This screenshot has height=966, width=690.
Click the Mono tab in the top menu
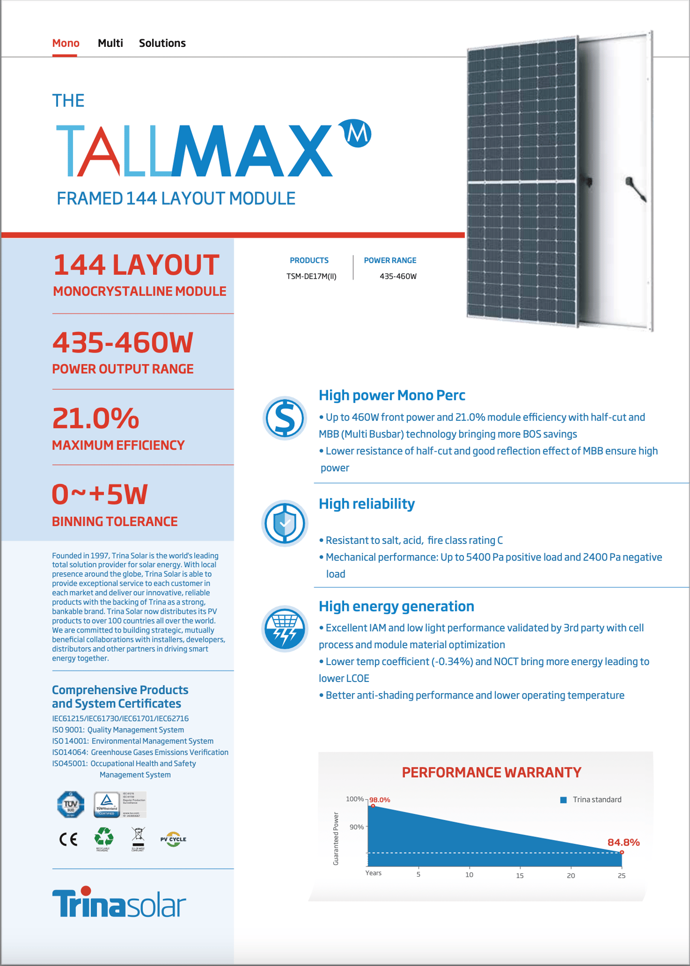click(66, 43)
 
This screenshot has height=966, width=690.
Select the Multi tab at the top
click(110, 43)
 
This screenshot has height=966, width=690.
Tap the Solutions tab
click(162, 43)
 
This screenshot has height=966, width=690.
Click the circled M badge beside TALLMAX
click(357, 133)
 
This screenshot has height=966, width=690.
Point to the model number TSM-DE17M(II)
click(311, 276)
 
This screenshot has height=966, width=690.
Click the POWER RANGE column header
click(390, 260)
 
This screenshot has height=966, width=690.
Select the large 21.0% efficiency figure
click(96, 418)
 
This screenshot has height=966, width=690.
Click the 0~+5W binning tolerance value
click(100, 495)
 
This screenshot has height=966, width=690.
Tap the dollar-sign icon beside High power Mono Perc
click(285, 418)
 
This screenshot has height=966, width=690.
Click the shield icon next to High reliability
click(285, 523)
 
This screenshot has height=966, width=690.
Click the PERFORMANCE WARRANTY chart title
click(491, 772)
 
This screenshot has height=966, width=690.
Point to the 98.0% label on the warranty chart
click(380, 800)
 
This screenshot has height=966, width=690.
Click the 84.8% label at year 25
click(623, 842)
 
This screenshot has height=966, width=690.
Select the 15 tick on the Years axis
click(519, 875)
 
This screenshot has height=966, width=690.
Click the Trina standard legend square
click(563, 800)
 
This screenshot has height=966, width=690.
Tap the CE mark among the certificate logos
click(68, 839)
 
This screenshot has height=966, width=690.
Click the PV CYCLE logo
click(173, 839)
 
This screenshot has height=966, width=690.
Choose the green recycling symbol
click(103, 837)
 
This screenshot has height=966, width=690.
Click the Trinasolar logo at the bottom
click(119, 902)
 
